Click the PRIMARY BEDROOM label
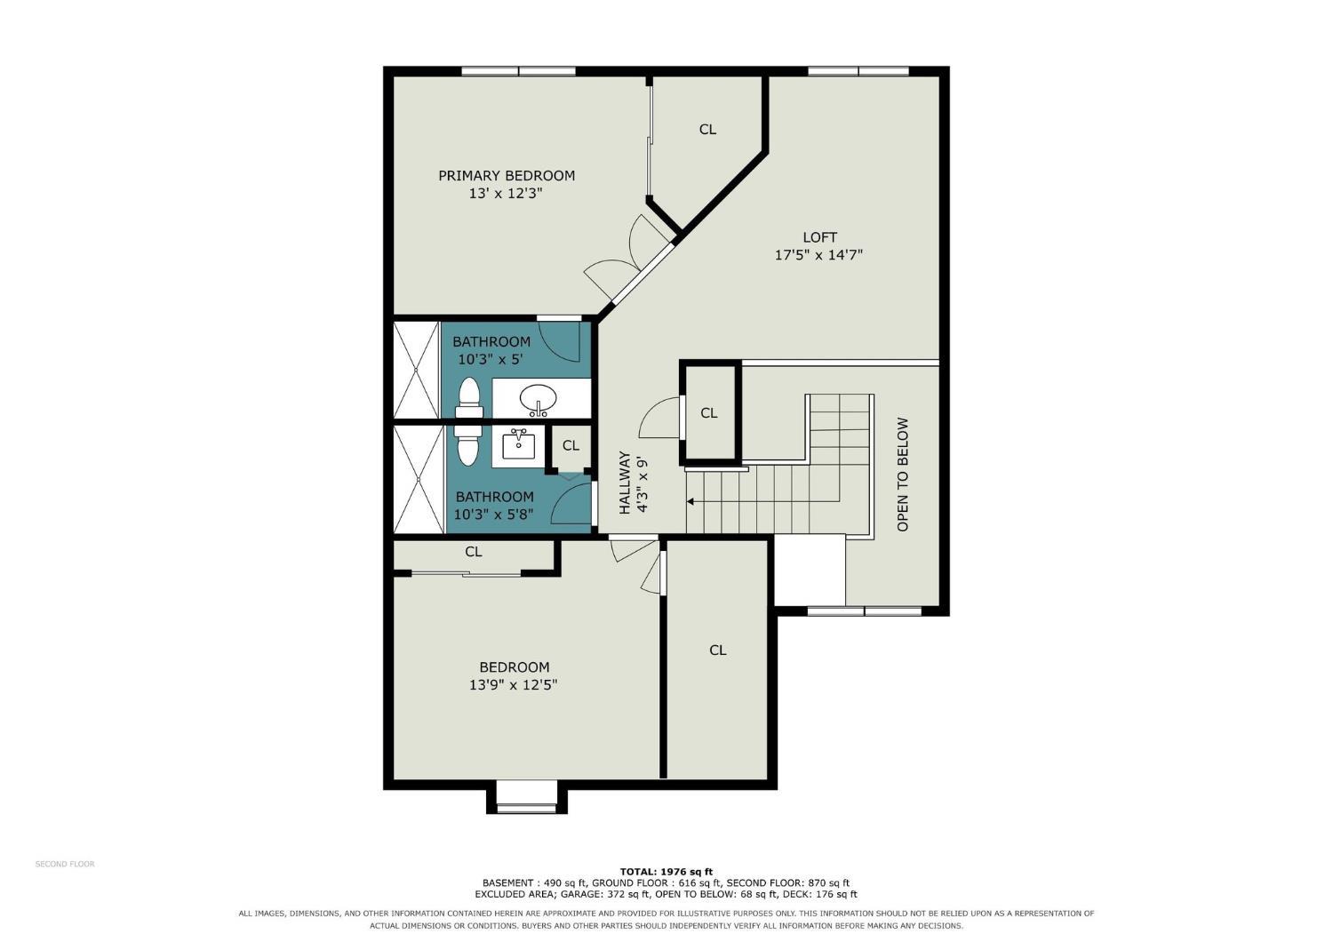pyautogui.click(x=507, y=176)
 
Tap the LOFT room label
pyautogui.click(x=819, y=238)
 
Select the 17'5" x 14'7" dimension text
pyautogui.click(x=818, y=255)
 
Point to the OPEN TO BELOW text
pyautogui.click(x=902, y=475)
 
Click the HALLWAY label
pyautogui.click(x=624, y=483)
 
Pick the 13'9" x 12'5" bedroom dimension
pyautogui.click(x=513, y=685)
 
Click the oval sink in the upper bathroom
pyautogui.click(x=538, y=398)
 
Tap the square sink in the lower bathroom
pyautogui.click(x=519, y=445)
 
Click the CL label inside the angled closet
pyautogui.click(x=707, y=130)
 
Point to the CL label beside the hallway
pyautogui.click(x=709, y=413)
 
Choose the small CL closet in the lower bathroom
pyautogui.click(x=571, y=446)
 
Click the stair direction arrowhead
pyautogui.click(x=690, y=501)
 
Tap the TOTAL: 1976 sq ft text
pyautogui.click(x=666, y=872)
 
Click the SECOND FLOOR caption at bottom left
pyautogui.click(x=65, y=864)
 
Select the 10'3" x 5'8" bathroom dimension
pyautogui.click(x=493, y=515)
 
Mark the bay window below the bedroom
pyautogui.click(x=527, y=802)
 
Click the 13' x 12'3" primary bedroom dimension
pyautogui.click(x=506, y=194)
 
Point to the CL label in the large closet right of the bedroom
pyautogui.click(x=718, y=651)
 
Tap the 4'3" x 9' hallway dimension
pyautogui.click(x=642, y=485)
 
